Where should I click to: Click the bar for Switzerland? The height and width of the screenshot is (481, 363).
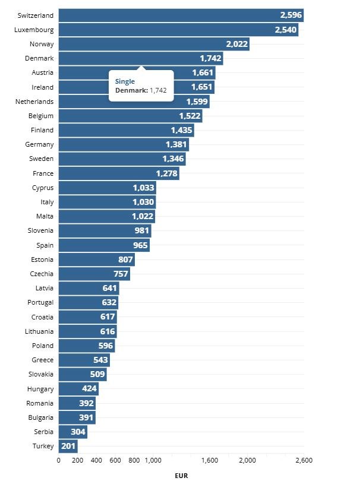[178, 15]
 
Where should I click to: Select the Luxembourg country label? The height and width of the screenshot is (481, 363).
[34, 29]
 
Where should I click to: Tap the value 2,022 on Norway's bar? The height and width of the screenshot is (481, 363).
[236, 44]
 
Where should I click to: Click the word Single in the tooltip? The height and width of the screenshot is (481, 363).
[125, 81]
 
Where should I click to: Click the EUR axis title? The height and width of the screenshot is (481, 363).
[181, 475]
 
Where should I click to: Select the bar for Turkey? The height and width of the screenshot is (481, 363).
[68, 446]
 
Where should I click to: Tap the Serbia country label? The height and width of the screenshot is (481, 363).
[42, 432]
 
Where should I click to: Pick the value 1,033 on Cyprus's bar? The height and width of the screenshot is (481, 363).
[143, 188]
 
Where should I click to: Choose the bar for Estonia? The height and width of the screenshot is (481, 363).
[96, 260]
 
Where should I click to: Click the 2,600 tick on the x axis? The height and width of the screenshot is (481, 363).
[304, 460]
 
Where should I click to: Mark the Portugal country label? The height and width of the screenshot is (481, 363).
[40, 302]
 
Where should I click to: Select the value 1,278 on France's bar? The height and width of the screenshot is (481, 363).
[167, 173]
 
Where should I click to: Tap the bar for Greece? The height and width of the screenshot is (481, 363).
[84, 360]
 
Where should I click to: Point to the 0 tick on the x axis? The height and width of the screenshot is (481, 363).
[58, 460]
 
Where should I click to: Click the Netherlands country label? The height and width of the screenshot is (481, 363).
[34, 102]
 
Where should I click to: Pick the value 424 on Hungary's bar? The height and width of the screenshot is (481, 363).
[89, 389]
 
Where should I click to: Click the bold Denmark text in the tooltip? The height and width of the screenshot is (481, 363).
[131, 90]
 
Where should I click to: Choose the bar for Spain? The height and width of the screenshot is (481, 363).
[104, 245]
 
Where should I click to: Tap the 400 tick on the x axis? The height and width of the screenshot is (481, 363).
[96, 460]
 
